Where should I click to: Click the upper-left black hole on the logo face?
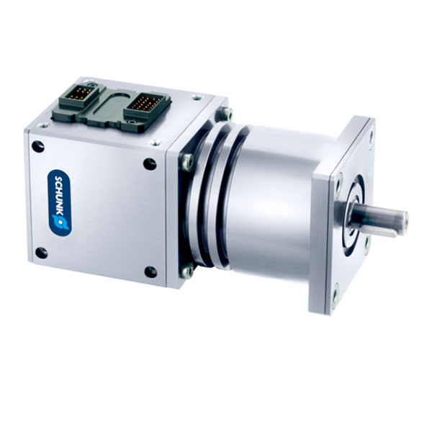pos(38,146)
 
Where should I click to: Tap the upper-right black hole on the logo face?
pos(150,164)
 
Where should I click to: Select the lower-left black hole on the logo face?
pos(41,253)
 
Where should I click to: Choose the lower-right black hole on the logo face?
pos(150,272)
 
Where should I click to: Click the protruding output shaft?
pos(378,220)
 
